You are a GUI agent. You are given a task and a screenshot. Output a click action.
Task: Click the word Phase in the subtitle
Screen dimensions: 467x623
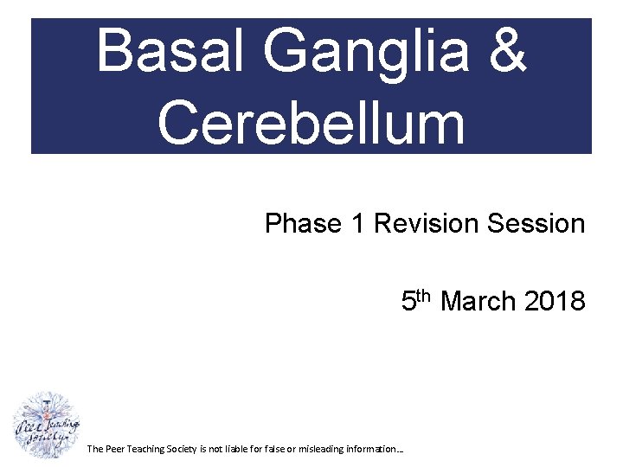pyautogui.click(x=303, y=224)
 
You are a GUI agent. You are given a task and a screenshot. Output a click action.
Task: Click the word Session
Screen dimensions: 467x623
pyautogui.click(x=536, y=224)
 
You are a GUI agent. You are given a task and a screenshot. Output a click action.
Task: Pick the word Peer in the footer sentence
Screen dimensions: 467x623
pyautogui.click(x=116, y=449)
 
